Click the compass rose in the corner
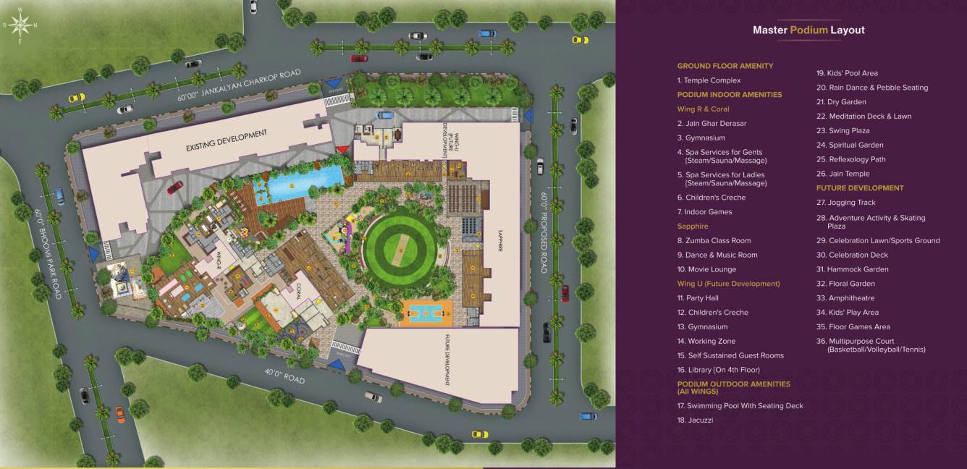[x=20, y=25]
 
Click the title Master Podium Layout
[x=808, y=30]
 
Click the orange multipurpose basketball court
[x=426, y=312]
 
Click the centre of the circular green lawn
[x=400, y=240]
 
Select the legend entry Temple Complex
[x=709, y=80]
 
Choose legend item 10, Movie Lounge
[x=706, y=269]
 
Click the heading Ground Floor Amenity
[x=725, y=66]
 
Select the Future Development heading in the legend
[x=860, y=188]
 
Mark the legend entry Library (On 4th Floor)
[x=718, y=370]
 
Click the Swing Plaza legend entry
[x=843, y=130]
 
